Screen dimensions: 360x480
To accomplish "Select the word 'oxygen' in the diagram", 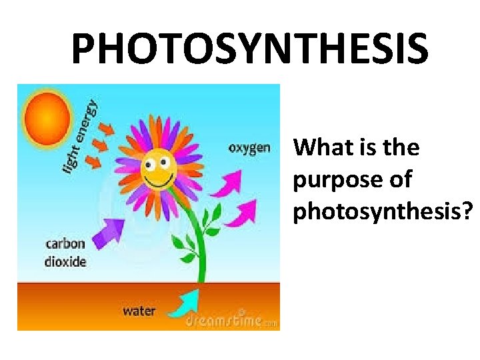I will (249, 147).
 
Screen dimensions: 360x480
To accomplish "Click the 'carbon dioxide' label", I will (65, 253).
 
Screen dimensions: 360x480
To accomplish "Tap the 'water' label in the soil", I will (139, 310).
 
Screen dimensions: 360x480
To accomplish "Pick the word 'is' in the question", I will (369, 147).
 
